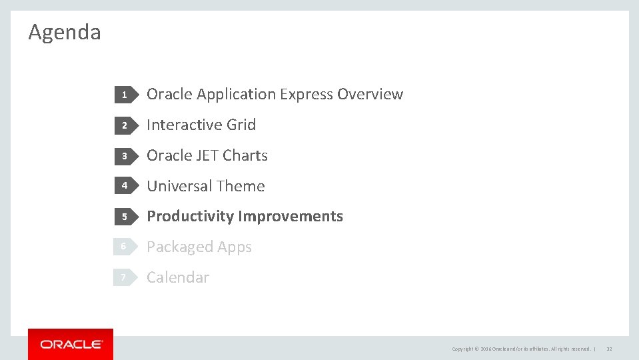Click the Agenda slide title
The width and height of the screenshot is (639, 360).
(x=65, y=32)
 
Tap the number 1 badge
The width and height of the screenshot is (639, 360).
(x=124, y=95)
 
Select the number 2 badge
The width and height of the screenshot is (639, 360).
(x=124, y=125)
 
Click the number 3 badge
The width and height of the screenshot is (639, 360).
(x=124, y=156)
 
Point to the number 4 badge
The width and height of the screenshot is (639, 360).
(x=124, y=187)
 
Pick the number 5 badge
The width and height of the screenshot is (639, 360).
(x=124, y=217)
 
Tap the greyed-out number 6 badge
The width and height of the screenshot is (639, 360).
(x=124, y=247)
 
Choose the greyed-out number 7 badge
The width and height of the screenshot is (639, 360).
(x=124, y=277)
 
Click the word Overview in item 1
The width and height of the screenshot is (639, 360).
(x=370, y=95)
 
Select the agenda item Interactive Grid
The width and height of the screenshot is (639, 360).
(x=201, y=125)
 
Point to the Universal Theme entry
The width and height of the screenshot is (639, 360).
(x=205, y=187)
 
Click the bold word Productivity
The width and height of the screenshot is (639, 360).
(x=190, y=217)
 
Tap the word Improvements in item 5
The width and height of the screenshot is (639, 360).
(x=291, y=217)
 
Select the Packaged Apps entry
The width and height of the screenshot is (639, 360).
(x=199, y=247)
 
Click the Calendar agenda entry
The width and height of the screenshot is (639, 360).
(x=177, y=277)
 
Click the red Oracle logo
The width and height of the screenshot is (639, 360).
(x=71, y=344)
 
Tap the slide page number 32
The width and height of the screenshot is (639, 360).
(x=609, y=349)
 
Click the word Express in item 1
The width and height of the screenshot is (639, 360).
(x=307, y=95)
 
